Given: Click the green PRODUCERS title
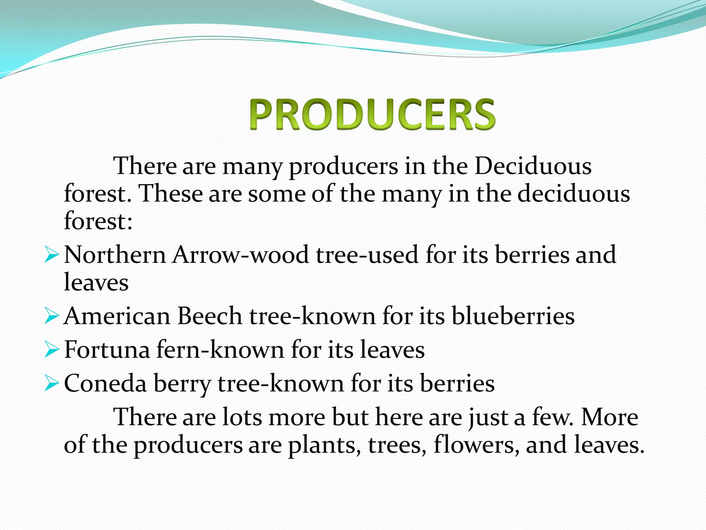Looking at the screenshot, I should click(372, 114).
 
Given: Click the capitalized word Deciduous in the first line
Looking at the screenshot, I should click(533, 166).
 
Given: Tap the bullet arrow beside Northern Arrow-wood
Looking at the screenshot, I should click(52, 256).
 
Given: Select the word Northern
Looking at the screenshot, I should click(115, 255).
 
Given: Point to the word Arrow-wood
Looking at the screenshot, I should click(241, 255).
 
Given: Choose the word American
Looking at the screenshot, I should click(117, 316).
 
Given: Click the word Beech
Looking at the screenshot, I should click(210, 316).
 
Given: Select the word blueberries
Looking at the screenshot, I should click(513, 316).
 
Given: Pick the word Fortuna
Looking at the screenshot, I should click(107, 350).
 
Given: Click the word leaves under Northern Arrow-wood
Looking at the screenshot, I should click(96, 283).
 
